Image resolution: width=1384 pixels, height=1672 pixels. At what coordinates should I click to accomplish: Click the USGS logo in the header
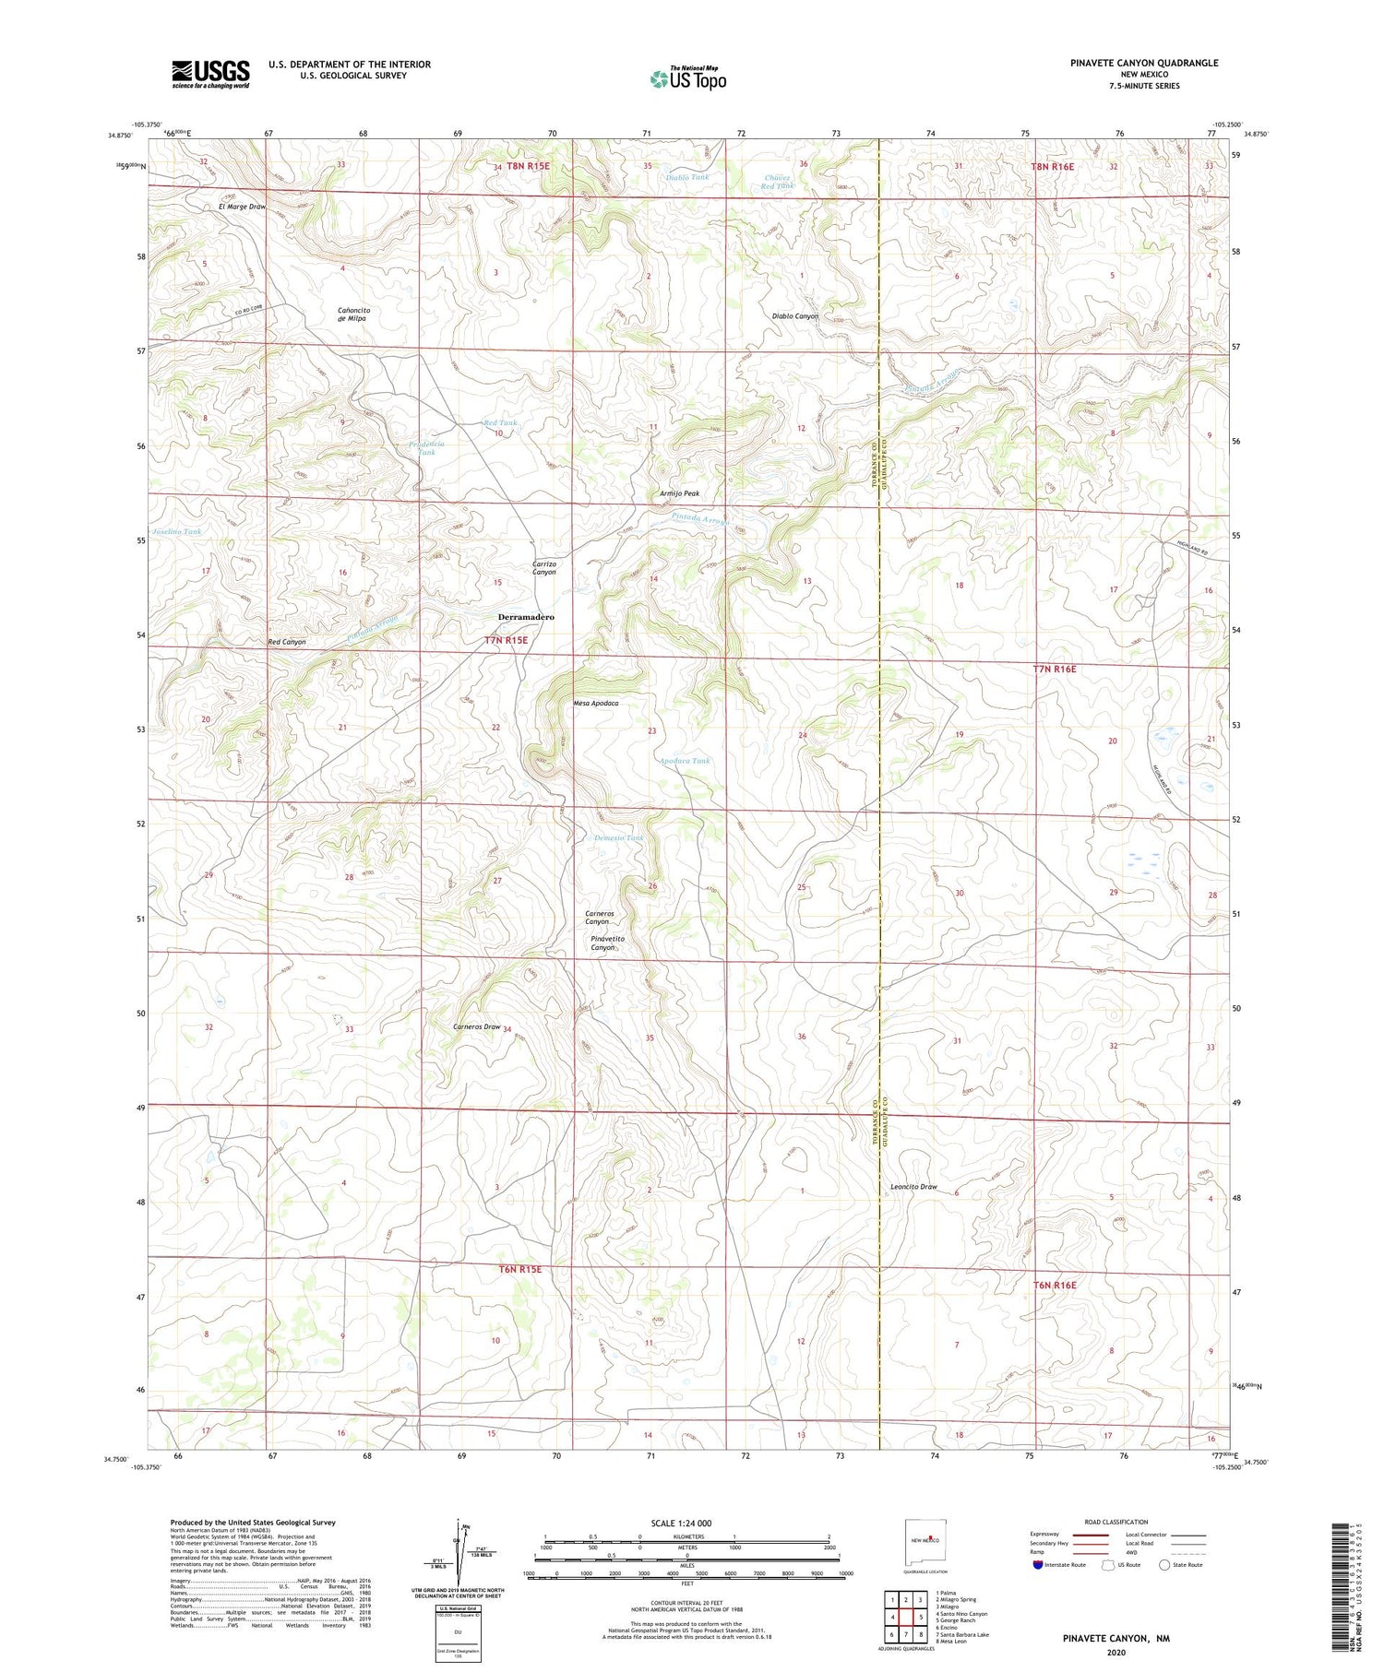(x=210, y=74)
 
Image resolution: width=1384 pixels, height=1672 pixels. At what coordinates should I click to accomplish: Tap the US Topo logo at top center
(x=687, y=78)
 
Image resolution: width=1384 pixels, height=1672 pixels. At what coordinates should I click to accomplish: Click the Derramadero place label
(x=526, y=617)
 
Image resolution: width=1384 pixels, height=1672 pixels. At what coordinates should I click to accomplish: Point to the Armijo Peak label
(x=679, y=493)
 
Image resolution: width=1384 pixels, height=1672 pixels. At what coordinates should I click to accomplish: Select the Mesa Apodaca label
(x=595, y=703)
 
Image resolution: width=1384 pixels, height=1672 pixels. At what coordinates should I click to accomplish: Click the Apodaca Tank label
(x=685, y=761)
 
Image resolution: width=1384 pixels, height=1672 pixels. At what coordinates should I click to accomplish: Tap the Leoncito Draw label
(x=913, y=1187)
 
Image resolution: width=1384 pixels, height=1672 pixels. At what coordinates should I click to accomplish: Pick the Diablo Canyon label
(x=794, y=316)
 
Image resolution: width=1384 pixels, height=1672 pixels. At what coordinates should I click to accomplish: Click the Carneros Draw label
(x=476, y=1026)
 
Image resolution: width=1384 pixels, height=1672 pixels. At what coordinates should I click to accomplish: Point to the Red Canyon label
(x=286, y=642)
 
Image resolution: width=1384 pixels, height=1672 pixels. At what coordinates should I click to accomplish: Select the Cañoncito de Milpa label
(x=353, y=314)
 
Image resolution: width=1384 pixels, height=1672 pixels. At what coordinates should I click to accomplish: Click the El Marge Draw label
(x=242, y=207)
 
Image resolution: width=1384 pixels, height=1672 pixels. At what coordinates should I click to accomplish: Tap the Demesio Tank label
(x=617, y=837)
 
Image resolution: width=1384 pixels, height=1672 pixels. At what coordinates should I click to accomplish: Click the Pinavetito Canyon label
(x=607, y=943)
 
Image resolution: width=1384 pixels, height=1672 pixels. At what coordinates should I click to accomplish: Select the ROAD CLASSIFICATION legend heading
(x=1116, y=1522)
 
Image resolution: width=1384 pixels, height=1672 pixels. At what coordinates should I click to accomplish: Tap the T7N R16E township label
(x=1054, y=669)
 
